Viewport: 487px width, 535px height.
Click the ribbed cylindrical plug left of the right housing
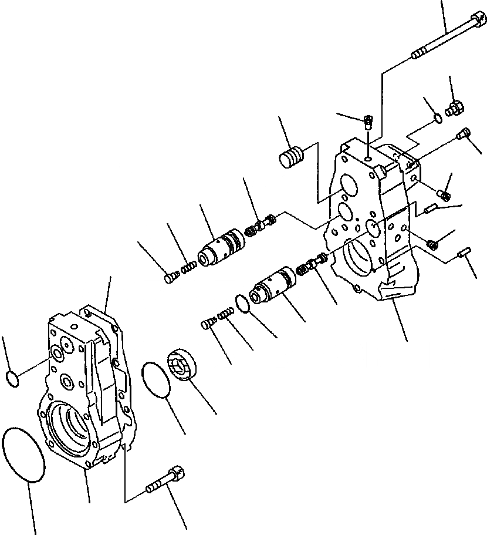292,157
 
